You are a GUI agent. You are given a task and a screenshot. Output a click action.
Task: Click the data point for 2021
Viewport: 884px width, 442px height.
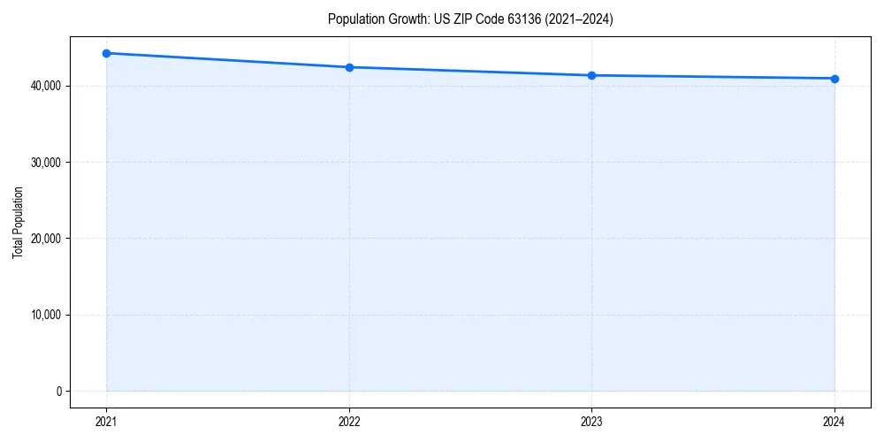(x=106, y=53)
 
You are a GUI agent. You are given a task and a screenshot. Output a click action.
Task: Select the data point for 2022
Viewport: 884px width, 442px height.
(x=349, y=67)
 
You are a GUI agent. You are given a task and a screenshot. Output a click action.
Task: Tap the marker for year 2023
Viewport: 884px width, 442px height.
(x=591, y=75)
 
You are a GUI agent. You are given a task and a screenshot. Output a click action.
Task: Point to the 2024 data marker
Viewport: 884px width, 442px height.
(x=834, y=79)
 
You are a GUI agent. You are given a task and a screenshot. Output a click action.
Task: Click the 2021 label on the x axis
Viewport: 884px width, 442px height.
(x=106, y=422)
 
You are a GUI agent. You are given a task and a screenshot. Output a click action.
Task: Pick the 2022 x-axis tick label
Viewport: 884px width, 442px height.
(x=349, y=422)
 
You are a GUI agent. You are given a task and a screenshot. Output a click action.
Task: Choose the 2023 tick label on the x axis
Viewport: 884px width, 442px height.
(x=591, y=422)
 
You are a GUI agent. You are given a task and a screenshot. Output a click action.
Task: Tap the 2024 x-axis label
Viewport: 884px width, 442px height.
(x=834, y=422)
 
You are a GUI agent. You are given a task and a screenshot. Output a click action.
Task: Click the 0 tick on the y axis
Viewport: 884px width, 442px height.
(x=58, y=391)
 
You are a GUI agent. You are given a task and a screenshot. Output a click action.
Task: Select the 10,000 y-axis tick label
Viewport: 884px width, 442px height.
(x=46, y=315)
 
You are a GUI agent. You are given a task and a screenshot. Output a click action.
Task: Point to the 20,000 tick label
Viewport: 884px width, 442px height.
(x=46, y=239)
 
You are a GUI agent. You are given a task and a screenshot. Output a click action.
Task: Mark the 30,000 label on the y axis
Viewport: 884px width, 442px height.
(x=46, y=162)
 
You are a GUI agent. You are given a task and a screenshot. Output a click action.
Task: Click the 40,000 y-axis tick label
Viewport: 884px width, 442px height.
(x=46, y=86)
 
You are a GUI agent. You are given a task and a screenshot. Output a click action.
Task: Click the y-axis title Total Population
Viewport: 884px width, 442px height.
(x=18, y=222)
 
